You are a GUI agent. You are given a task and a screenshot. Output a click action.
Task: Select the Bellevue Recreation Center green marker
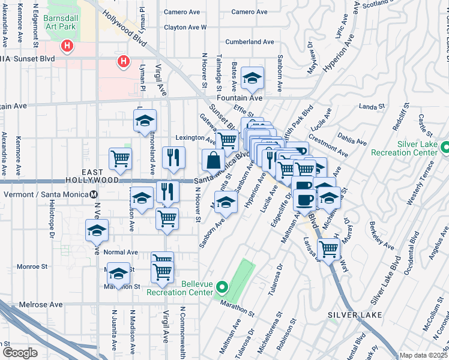point(221,287)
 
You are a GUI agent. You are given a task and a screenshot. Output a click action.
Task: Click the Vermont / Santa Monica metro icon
point(94,194)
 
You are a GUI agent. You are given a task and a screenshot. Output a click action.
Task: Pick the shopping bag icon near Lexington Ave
point(214,160)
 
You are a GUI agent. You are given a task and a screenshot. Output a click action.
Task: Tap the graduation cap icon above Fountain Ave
point(253,77)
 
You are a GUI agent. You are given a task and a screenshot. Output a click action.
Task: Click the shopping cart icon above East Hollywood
point(120,159)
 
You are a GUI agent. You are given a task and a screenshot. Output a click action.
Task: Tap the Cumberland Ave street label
point(250,42)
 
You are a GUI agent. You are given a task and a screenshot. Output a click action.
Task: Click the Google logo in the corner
point(20,353)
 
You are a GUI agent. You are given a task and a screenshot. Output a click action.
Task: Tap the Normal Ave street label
point(121,253)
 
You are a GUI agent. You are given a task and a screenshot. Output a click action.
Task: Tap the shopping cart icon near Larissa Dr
point(328,248)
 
